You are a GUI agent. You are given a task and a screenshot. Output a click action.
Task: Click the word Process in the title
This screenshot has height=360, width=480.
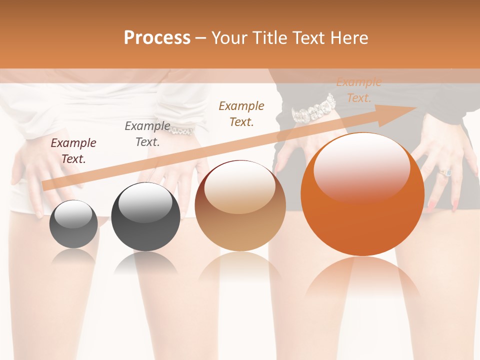click(x=157, y=38)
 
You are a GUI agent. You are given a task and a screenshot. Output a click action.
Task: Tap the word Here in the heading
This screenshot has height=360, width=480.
click(x=348, y=38)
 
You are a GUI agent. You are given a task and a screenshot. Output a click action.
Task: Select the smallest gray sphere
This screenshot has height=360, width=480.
click(x=73, y=224)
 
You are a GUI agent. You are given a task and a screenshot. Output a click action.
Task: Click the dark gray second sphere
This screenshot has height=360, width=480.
click(x=145, y=216)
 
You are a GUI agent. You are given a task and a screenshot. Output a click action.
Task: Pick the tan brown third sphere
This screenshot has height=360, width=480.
click(x=240, y=205)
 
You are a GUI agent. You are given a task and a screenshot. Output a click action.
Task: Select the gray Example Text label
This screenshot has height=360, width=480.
click(x=147, y=134)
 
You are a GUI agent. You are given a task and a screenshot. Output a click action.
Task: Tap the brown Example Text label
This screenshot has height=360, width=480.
click(x=241, y=114)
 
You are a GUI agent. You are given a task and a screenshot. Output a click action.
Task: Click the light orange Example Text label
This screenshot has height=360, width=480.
click(x=358, y=90)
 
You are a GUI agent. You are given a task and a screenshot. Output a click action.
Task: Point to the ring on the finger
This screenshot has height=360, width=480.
click(x=445, y=172)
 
